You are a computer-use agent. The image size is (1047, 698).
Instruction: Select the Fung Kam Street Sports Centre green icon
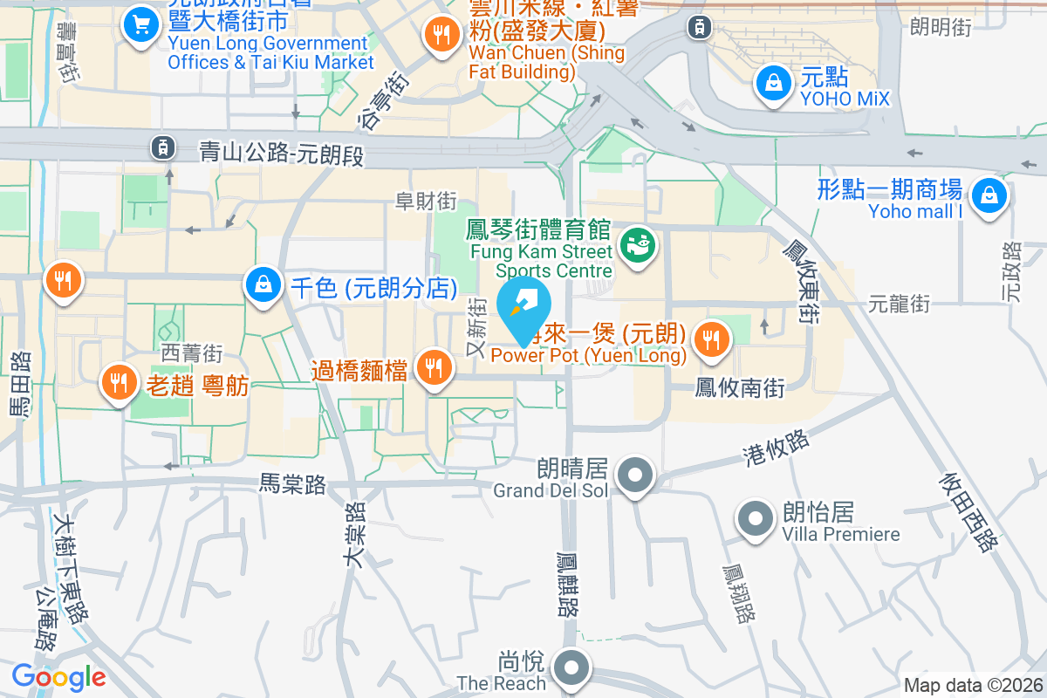[x=637, y=244]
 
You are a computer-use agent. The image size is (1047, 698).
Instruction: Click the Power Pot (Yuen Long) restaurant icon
[x=713, y=339]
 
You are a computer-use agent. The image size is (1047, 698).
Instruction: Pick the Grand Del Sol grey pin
[x=635, y=476]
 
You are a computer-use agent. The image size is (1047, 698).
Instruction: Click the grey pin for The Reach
[x=572, y=669]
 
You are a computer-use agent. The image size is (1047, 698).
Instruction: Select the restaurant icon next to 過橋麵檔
[x=433, y=369]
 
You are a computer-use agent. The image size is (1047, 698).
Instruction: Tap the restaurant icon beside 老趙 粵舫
[x=116, y=382]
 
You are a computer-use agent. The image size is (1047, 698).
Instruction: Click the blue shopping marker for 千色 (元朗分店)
[x=262, y=284]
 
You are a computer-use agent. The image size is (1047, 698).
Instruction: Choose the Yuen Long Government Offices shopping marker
[x=140, y=24]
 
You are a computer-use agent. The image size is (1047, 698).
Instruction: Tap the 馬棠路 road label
[x=292, y=484]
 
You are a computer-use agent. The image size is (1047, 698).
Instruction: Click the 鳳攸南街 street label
[x=739, y=387]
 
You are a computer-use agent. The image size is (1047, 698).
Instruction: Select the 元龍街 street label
[x=899, y=304]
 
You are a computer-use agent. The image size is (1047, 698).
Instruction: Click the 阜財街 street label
[x=426, y=202]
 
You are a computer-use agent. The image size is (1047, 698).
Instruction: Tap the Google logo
[x=58, y=677]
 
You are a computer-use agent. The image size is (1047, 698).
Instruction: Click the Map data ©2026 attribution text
[x=973, y=686]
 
